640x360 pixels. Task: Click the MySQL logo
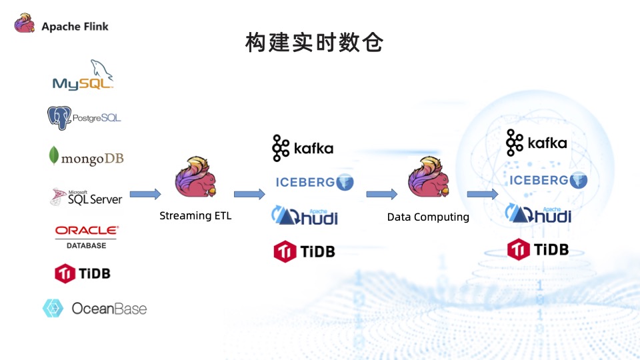point(83,75)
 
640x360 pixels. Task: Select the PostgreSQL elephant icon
point(59,118)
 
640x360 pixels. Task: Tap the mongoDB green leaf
point(53,155)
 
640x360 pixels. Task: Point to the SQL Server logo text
point(95,198)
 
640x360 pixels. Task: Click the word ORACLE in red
point(87,230)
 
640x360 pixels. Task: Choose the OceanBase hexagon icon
point(53,308)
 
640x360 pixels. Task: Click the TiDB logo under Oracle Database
point(83,273)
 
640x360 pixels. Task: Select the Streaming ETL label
point(195,215)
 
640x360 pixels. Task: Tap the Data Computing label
point(428,217)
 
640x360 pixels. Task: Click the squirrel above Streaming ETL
point(195,177)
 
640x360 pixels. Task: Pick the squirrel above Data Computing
point(429,177)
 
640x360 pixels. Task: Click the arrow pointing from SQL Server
point(145,194)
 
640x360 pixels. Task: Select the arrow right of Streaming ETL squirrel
point(249,194)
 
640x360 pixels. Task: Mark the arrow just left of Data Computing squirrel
point(381,194)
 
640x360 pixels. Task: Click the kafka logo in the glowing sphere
point(536,143)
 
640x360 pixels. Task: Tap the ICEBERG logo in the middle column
point(314,182)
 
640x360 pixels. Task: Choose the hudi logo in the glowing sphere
point(538,213)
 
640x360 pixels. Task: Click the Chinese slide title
point(314,43)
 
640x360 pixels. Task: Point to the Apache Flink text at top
point(75,27)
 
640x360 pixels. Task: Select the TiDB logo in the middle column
point(305,251)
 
